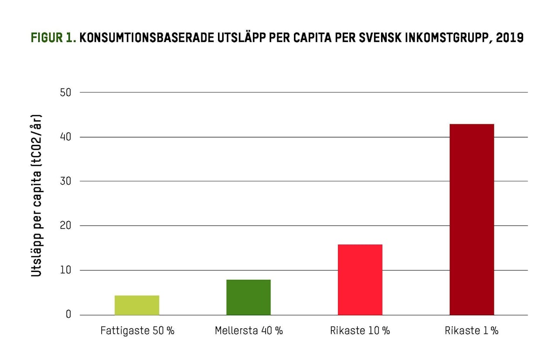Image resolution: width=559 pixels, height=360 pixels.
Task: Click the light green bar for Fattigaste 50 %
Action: pos(137,305)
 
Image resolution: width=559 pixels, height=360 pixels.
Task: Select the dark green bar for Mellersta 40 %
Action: pos(248,297)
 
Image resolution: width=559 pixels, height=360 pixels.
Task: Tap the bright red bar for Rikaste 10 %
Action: pos(360,279)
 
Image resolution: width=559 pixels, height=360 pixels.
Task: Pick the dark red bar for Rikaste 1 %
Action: pos(471,219)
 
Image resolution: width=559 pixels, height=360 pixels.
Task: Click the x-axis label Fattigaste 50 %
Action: pos(137,331)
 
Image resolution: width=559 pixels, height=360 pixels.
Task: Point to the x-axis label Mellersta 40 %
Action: pos(249,331)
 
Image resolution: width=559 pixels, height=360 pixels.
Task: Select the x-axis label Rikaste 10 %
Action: pos(360,331)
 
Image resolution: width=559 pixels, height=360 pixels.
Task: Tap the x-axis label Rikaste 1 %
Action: pos(471,331)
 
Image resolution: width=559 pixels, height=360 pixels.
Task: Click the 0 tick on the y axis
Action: pos(68,315)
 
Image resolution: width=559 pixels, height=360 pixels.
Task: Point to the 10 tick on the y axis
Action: pos(66,270)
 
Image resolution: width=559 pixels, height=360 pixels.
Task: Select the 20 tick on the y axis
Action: pos(66,226)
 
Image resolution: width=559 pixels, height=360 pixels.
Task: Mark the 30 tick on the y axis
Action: pos(66,181)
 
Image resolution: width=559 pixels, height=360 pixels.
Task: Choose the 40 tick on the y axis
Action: pos(66,137)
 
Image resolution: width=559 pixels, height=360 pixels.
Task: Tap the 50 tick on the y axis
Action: pos(66,92)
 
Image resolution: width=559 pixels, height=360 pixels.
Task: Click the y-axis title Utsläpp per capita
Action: pos(37,196)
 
